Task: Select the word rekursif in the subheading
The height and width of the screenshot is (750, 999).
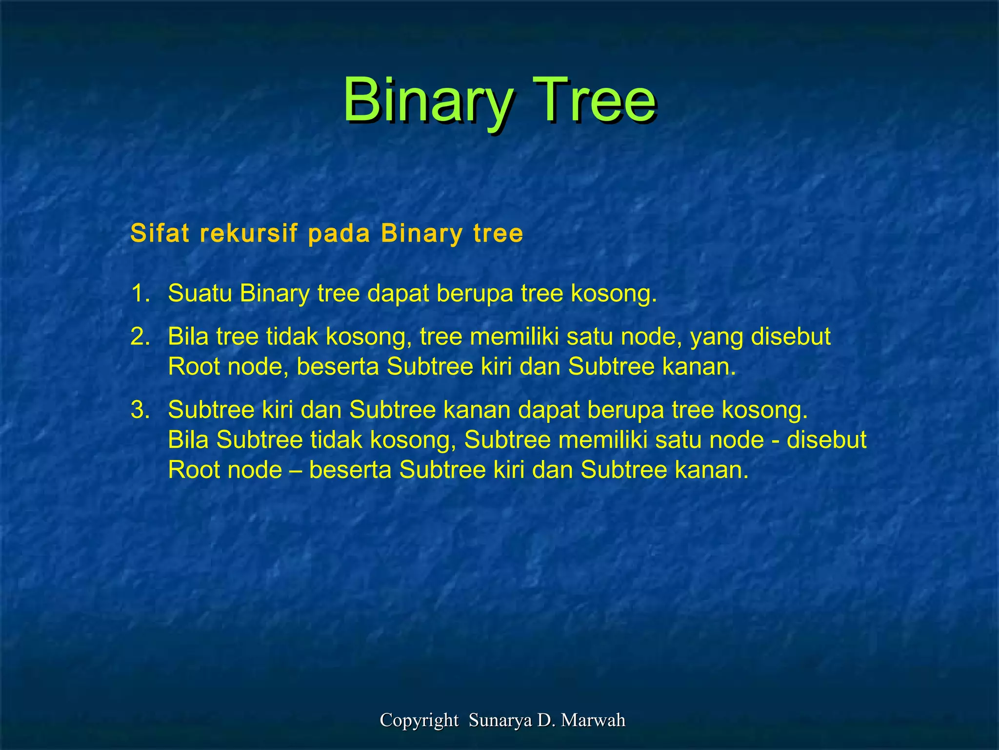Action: click(249, 233)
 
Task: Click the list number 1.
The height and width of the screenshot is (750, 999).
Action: click(140, 293)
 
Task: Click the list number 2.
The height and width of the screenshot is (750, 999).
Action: click(140, 337)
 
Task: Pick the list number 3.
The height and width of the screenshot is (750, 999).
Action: click(140, 410)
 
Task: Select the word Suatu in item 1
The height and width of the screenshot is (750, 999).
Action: click(200, 293)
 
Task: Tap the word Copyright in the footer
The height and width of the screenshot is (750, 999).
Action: click(419, 720)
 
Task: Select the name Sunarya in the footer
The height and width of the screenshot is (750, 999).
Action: click(500, 720)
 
